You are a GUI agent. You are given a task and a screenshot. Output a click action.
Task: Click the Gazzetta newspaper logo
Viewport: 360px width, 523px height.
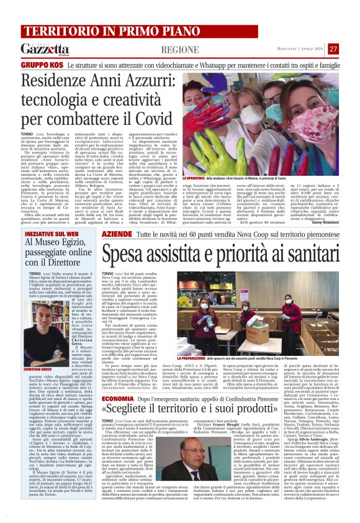point(46,49)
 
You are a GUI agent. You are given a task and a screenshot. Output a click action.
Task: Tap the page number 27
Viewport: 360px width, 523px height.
point(334,48)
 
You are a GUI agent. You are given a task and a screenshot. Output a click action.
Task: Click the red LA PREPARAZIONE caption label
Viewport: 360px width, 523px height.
point(198,358)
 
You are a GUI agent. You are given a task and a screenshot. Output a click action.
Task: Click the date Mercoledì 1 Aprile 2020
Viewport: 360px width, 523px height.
point(296,48)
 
